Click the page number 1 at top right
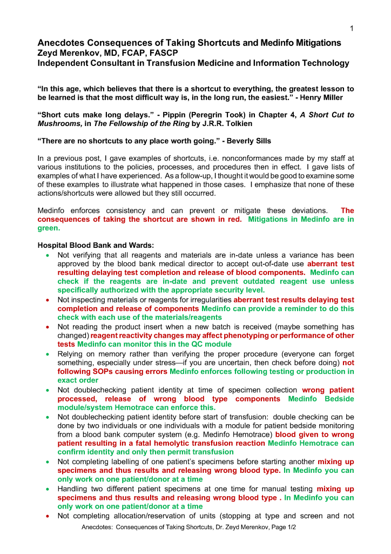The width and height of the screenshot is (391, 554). [352, 28]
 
